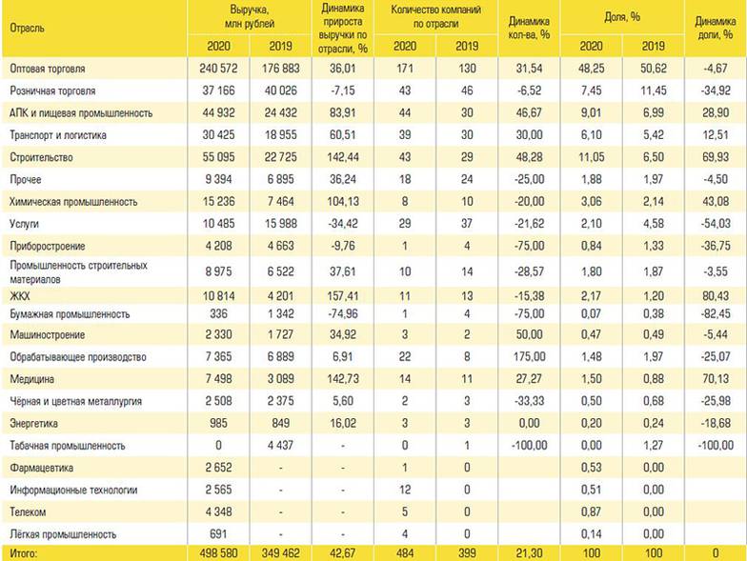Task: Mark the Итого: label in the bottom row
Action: (25, 553)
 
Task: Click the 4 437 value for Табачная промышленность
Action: (278, 444)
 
